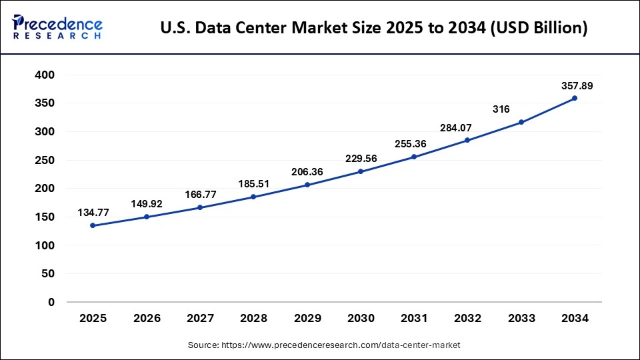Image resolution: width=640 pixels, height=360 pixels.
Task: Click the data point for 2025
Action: [93, 225]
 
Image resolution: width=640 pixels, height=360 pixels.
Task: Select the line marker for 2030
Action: [361, 171]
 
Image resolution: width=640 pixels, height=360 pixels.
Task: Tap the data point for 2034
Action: [575, 98]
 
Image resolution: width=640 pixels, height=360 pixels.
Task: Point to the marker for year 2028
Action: [253, 197]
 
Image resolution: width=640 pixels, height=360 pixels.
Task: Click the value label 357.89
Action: [575, 86]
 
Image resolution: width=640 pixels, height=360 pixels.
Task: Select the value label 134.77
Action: [93, 213]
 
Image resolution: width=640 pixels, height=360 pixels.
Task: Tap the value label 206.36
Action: [307, 172]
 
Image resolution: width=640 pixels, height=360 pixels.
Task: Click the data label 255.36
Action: [414, 143]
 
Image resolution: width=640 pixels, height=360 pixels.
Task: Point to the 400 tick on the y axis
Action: [45, 75]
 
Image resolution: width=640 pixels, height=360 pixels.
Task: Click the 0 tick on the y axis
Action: [51, 302]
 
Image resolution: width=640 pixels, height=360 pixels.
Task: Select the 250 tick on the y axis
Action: [45, 160]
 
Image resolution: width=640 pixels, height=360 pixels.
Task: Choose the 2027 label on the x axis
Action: [200, 319]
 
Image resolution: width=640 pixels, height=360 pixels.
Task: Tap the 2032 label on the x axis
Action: [467, 319]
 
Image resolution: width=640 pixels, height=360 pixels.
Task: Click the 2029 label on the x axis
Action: [307, 319]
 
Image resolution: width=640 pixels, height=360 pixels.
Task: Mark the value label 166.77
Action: [200, 195]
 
